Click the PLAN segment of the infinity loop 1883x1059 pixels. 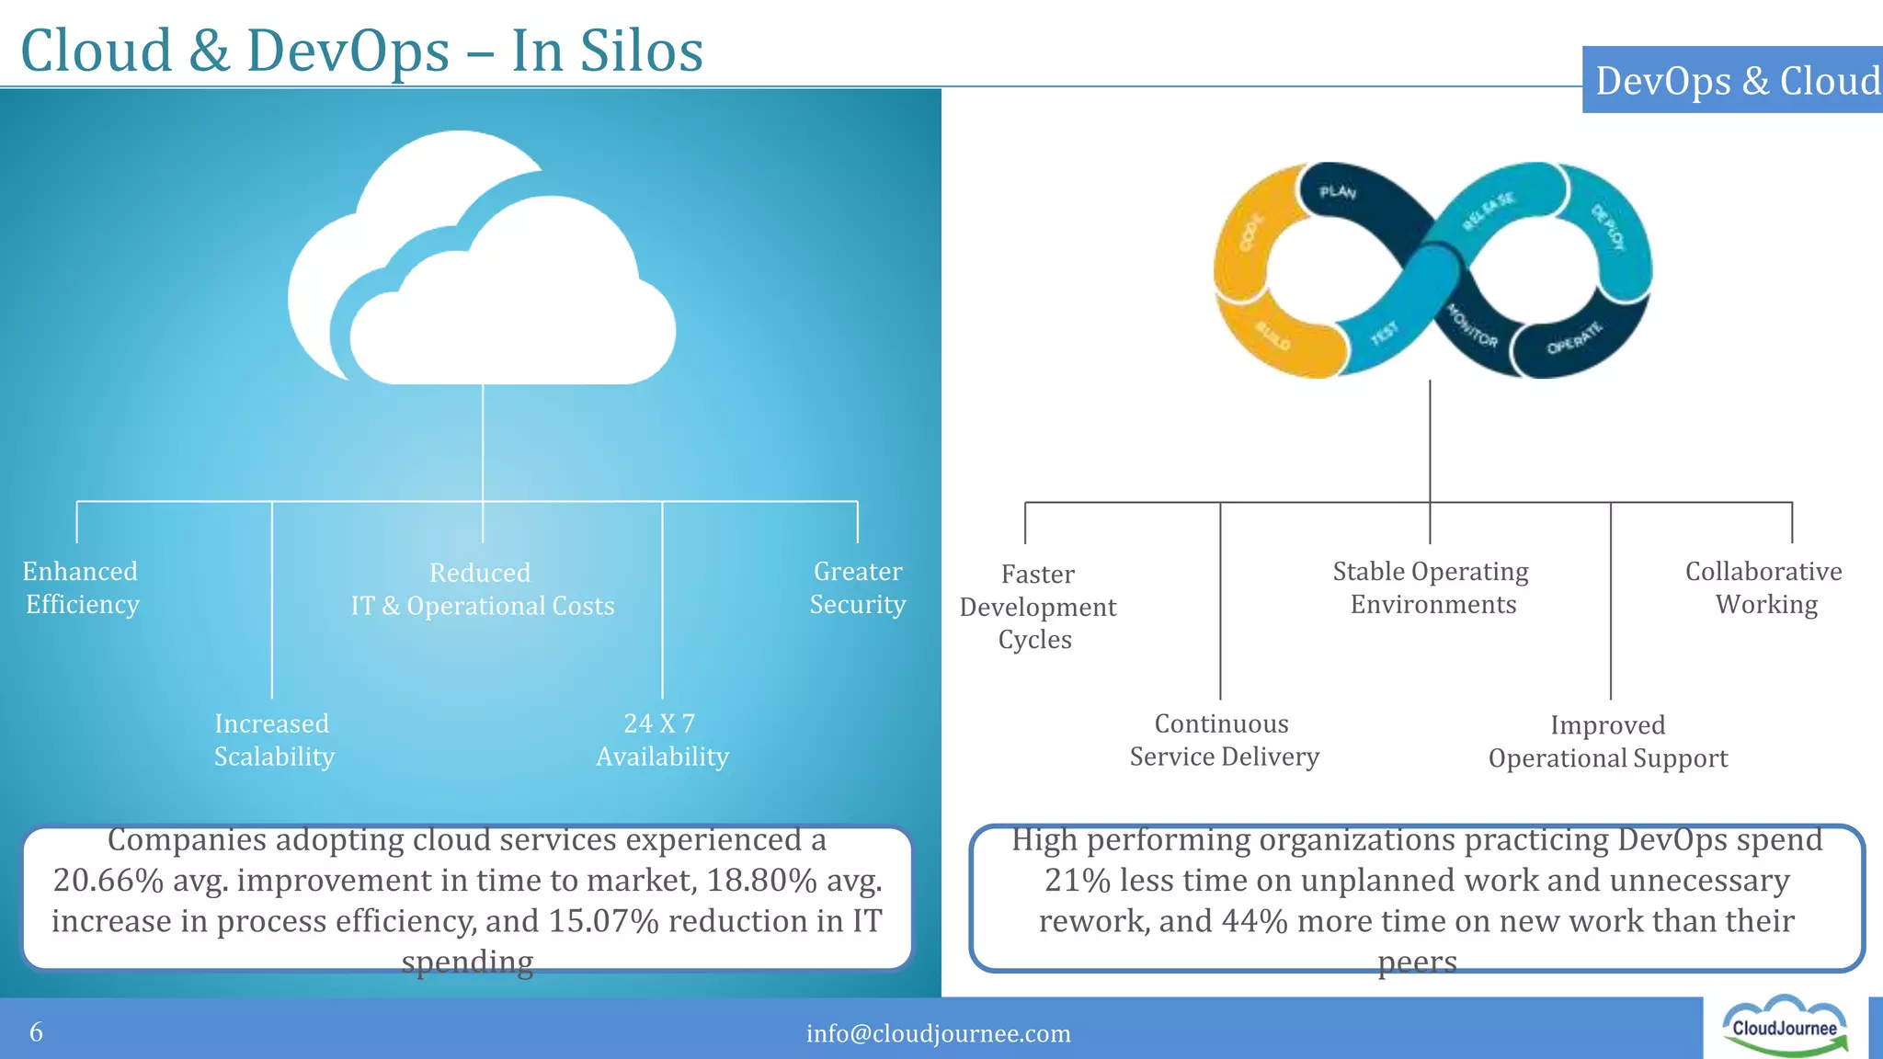(1338, 192)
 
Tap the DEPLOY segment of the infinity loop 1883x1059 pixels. (1609, 227)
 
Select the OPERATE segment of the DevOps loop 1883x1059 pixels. (1573, 339)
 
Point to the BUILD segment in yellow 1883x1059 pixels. (1274, 337)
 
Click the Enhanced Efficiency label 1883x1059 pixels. (81, 587)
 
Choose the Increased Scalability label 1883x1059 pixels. (273, 740)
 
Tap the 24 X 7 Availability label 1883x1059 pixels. (661, 740)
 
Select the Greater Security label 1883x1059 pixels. (857, 587)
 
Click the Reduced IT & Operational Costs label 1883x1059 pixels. (482, 589)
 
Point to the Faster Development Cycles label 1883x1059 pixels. (1037, 607)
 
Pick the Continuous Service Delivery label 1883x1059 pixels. (1223, 740)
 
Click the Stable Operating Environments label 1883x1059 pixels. (1431, 587)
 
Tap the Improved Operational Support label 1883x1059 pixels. (1607, 742)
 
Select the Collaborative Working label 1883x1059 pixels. (1763, 587)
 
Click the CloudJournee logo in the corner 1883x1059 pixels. (1785, 1028)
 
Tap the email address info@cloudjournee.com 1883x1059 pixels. (938, 1033)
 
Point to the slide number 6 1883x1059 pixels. (36, 1031)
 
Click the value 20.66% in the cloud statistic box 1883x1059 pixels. (108, 881)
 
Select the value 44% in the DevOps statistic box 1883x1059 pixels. (1254, 921)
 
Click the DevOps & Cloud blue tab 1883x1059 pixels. (1734, 81)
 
